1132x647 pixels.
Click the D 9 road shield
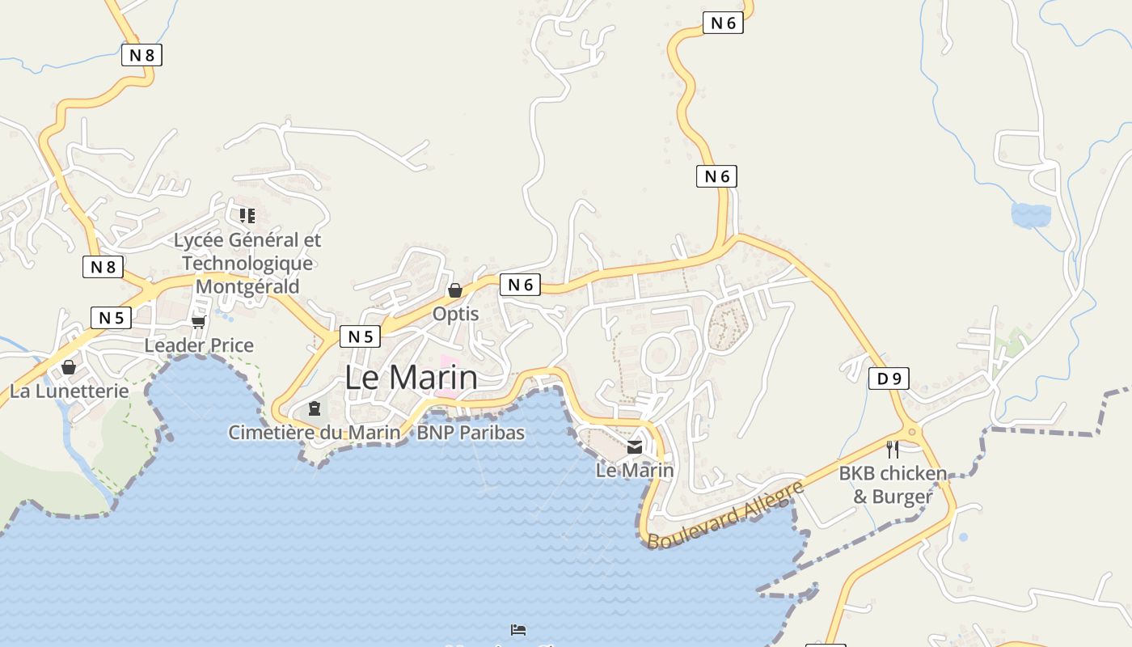click(x=889, y=378)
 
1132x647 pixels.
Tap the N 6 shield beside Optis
click(x=521, y=284)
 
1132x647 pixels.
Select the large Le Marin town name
click(x=411, y=378)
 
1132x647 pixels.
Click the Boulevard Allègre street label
click(x=725, y=514)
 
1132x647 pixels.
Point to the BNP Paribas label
click(x=470, y=433)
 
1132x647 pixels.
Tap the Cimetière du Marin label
click(x=314, y=433)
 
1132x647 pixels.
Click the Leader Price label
click(x=199, y=345)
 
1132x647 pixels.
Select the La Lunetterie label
click(x=70, y=391)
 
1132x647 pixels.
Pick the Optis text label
click(x=455, y=314)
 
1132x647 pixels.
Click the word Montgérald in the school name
click(x=247, y=286)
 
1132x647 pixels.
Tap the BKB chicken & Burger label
click(x=893, y=484)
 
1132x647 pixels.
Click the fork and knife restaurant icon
click(x=893, y=449)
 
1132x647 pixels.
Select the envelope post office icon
click(x=635, y=447)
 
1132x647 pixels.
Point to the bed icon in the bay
click(x=518, y=629)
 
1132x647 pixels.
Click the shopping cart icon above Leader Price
click(x=198, y=322)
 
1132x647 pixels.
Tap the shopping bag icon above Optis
click(x=455, y=290)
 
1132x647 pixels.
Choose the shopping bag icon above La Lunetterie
click(x=69, y=368)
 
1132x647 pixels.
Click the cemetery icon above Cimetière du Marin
click(x=315, y=408)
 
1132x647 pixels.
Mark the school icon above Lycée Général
click(x=247, y=215)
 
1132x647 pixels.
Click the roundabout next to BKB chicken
click(x=912, y=433)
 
